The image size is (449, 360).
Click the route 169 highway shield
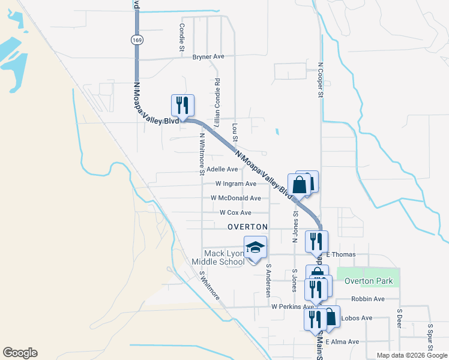(x=136, y=39)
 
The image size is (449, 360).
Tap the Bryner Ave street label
(x=208, y=56)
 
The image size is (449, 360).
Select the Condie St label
(x=181, y=37)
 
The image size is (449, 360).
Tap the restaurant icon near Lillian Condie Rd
(x=182, y=105)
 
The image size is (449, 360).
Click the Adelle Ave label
(x=222, y=169)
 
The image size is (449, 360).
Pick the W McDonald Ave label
(x=235, y=198)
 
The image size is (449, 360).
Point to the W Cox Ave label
(x=235, y=212)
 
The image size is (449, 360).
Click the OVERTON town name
(x=247, y=227)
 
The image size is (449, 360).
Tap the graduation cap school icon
(x=255, y=247)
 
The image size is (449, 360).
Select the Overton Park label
(x=368, y=281)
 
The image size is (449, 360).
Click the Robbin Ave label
(x=368, y=299)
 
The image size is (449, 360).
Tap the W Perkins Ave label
(x=292, y=306)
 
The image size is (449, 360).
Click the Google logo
(x=20, y=353)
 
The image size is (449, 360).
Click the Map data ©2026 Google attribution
(x=411, y=355)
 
